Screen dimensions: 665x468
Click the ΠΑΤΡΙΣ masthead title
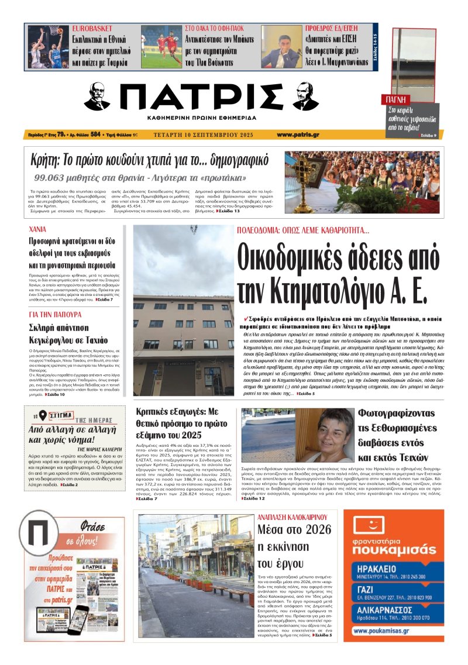202,97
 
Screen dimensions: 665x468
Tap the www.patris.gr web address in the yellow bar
298,135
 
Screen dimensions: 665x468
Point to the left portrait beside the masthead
97,96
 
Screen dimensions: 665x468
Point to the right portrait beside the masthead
305,96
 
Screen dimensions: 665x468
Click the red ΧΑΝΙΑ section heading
40,230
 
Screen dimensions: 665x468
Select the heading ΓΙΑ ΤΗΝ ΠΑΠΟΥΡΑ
54,314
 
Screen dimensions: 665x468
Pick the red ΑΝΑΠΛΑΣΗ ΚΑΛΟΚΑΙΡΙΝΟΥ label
296,517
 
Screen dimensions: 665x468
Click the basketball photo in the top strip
47,47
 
